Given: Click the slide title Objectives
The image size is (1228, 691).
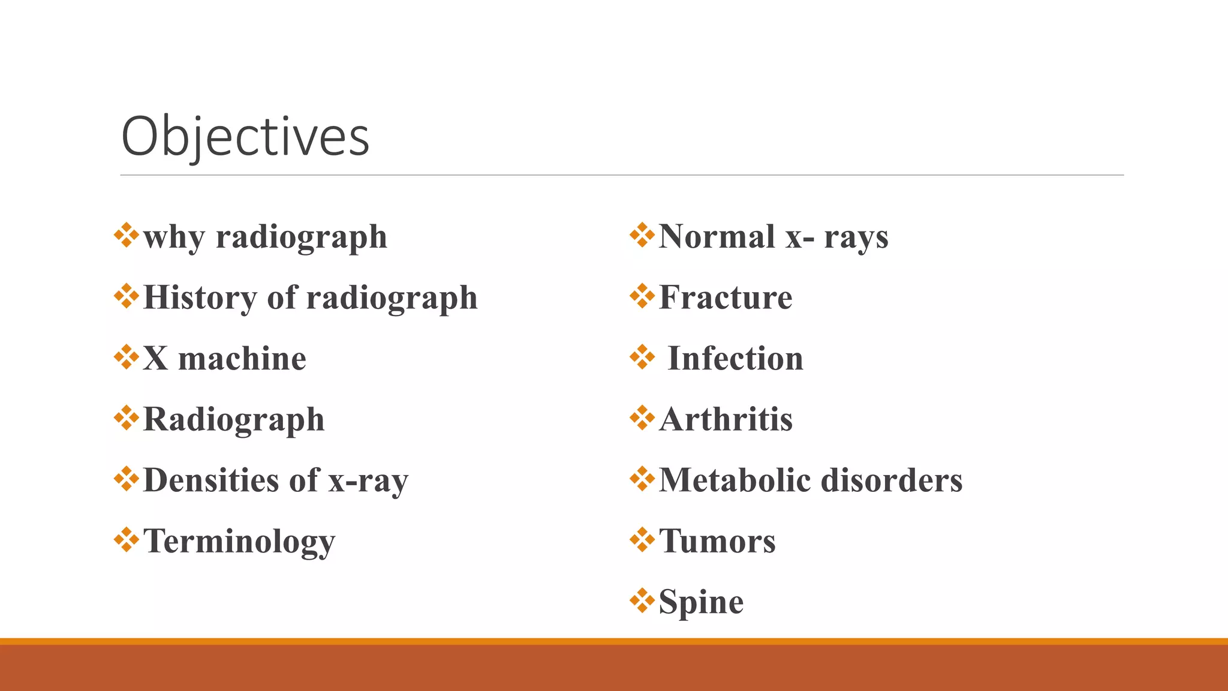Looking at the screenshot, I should coord(245,137).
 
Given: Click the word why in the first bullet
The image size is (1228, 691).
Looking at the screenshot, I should coord(174,238).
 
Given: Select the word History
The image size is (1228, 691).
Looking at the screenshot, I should coord(200,298).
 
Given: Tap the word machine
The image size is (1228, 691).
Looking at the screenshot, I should coord(242,359).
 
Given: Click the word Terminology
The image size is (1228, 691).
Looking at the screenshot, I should coord(239,542).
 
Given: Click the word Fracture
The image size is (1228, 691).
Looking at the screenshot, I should coord(726,298).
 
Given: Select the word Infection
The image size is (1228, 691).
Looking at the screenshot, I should coord(735,359).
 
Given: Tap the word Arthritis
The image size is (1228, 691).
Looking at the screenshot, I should coord(726,419).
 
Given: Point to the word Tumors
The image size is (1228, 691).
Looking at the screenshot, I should coord(717,541).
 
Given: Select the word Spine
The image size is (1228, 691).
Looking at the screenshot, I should coord(701,602).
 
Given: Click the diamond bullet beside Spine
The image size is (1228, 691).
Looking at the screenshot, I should coord(642,601).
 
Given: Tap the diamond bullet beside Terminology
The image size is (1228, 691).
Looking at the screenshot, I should coord(127,540).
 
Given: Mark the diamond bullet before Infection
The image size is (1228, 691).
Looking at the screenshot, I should coord(642,357).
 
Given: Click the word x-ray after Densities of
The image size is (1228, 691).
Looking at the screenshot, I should coord(368,480).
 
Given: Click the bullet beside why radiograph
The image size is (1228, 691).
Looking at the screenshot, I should coord(127,235).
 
